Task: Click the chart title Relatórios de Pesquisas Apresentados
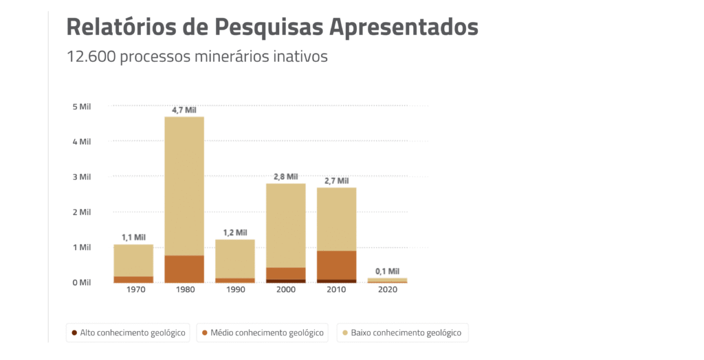pyautogui.click(x=272, y=27)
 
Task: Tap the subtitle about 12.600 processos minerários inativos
pyautogui.click(x=197, y=56)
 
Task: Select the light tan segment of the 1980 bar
pyautogui.click(x=184, y=185)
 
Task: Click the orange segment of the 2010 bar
pyautogui.click(x=337, y=265)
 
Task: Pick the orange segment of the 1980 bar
pyautogui.click(x=184, y=269)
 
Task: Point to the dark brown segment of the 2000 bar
pyautogui.click(x=286, y=281)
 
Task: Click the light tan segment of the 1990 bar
pyautogui.click(x=235, y=258)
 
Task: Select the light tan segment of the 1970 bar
pyautogui.click(x=133, y=260)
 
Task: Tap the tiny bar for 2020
pyautogui.click(x=387, y=280)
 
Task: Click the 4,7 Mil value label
pyautogui.click(x=184, y=110)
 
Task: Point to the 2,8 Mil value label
pyautogui.click(x=286, y=177)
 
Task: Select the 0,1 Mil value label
pyautogui.click(x=387, y=271)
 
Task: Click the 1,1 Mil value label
pyautogui.click(x=133, y=238)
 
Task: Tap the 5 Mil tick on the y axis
pyautogui.click(x=81, y=106)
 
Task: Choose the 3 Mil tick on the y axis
pyautogui.click(x=81, y=177)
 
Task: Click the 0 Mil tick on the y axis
pyautogui.click(x=81, y=282)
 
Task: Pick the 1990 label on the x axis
pyautogui.click(x=235, y=290)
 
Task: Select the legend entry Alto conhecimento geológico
pyautogui.click(x=128, y=333)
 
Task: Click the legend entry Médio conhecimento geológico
pyautogui.click(x=263, y=333)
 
